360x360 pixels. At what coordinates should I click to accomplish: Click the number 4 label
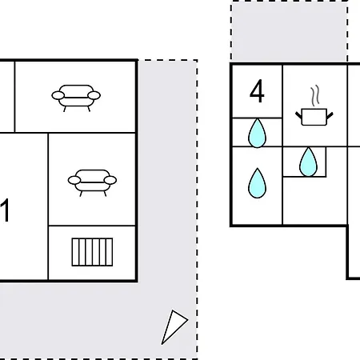[x=257, y=91]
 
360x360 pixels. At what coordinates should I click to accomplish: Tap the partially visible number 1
[x=5, y=210]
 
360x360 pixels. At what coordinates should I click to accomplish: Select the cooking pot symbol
[x=314, y=106]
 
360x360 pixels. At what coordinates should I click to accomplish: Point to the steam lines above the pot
[x=315, y=95]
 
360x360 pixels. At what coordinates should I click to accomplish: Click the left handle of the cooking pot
[x=298, y=116]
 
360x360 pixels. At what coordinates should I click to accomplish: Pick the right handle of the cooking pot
[x=330, y=116]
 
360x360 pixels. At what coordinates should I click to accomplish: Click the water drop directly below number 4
[x=257, y=133]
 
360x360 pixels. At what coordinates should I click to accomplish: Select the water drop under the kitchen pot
[x=308, y=162]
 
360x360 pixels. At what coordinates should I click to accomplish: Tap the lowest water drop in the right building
[x=257, y=183]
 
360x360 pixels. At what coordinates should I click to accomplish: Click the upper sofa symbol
[x=76, y=98]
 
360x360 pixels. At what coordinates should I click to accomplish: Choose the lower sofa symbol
[x=92, y=182]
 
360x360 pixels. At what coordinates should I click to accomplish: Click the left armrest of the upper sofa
[x=58, y=95]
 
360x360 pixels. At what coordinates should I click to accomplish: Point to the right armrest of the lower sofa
[x=110, y=180]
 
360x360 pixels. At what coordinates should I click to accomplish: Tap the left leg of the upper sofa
[x=65, y=109]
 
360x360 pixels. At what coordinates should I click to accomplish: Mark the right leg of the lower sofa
[x=105, y=194]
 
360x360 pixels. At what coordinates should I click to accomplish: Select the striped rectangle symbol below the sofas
[x=92, y=252]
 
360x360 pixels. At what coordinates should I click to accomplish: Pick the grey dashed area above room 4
[x=290, y=32]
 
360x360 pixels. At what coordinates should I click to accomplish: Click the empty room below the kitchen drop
[x=314, y=201]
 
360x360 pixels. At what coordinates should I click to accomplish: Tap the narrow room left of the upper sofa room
[x=7, y=97]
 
